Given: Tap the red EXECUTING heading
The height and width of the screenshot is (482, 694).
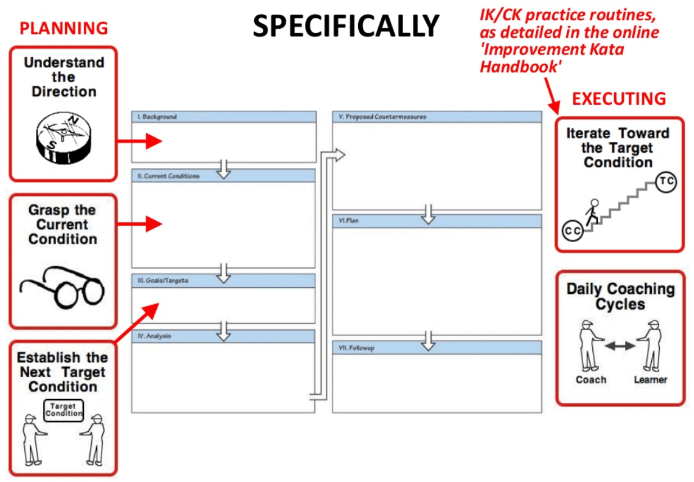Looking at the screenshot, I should [x=619, y=99].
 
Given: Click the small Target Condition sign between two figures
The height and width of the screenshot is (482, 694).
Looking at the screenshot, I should [x=63, y=409].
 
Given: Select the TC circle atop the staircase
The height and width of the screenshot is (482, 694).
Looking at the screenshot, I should [x=666, y=182].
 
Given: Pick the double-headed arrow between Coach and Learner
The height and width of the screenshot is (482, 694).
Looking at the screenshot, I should [x=619, y=346].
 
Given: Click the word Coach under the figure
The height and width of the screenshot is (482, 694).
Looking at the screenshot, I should [x=591, y=380].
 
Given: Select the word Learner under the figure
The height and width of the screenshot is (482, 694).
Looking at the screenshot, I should [x=650, y=380].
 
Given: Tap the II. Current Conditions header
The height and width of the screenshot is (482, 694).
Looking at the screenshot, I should [x=169, y=176].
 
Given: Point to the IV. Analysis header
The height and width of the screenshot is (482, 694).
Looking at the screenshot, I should [x=155, y=336].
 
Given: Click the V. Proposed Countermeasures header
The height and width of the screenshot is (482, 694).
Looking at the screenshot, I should [x=382, y=117].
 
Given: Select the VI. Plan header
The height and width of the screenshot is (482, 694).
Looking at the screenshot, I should [x=349, y=221].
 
